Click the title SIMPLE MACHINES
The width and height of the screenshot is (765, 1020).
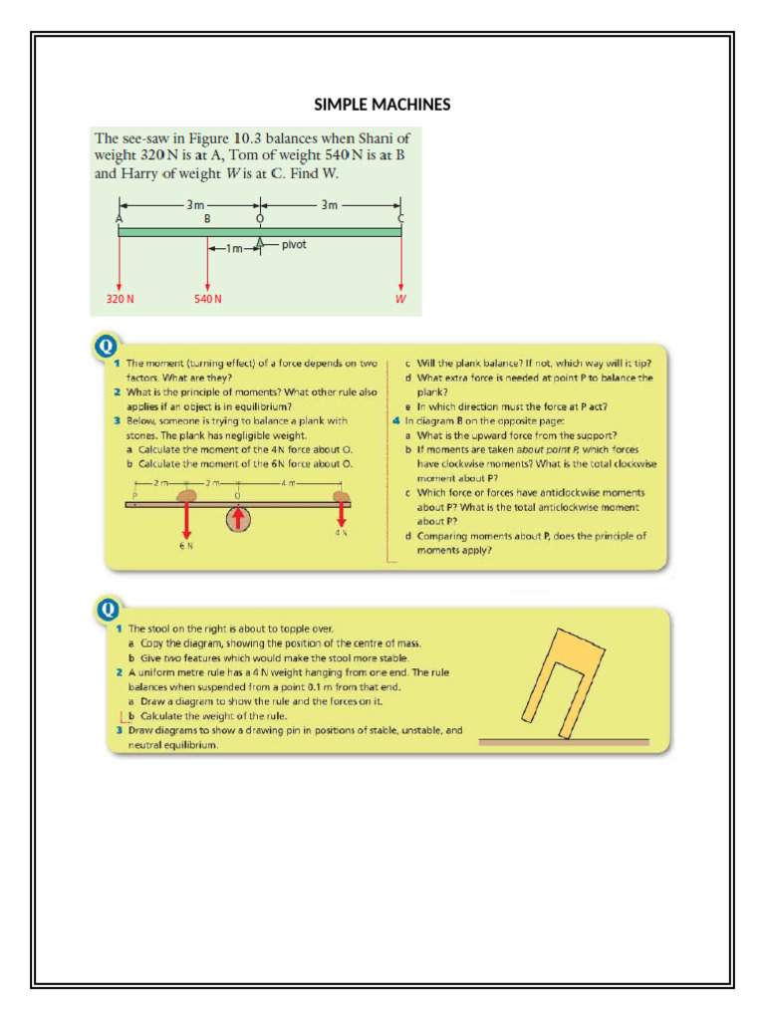(382, 105)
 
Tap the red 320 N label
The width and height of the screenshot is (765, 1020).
(120, 299)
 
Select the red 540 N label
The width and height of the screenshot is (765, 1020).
(207, 299)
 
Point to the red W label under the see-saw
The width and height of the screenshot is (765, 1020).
(401, 299)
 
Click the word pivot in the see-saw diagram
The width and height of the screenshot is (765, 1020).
(293, 243)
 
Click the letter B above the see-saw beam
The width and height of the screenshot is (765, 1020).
(207, 217)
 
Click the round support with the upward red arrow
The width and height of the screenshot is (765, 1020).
(238, 519)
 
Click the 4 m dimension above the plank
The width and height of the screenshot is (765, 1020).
(289, 484)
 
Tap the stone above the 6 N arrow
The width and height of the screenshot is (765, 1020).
(189, 495)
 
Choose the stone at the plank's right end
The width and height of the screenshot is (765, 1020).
(341, 495)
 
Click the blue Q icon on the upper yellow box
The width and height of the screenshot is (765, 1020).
(105, 347)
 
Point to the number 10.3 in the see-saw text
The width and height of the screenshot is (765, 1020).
(249, 137)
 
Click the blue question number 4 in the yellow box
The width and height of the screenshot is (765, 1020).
(396, 420)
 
